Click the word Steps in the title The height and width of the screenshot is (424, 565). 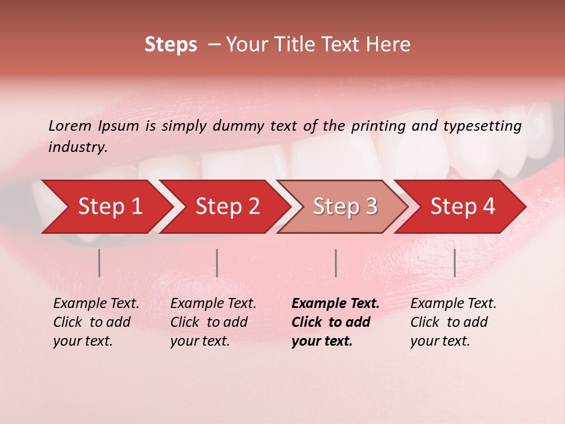tap(171, 45)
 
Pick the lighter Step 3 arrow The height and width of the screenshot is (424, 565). tap(345, 207)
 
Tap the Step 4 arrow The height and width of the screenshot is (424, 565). tap(463, 207)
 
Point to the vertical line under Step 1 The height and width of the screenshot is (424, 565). tap(99, 263)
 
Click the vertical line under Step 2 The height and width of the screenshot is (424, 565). tap(217, 263)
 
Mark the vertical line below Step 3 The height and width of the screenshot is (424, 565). tap(336, 263)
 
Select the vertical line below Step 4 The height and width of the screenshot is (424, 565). tap(455, 263)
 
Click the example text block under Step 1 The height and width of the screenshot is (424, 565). tap(96, 322)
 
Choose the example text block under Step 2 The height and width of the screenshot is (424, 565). tap(213, 322)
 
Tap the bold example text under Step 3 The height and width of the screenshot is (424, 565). tap(335, 322)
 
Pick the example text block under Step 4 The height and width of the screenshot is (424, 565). tap(453, 322)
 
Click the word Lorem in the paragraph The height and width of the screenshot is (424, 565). tap(70, 125)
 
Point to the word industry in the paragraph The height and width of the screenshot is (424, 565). tap(78, 147)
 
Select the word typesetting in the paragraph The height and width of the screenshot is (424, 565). tap(482, 126)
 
